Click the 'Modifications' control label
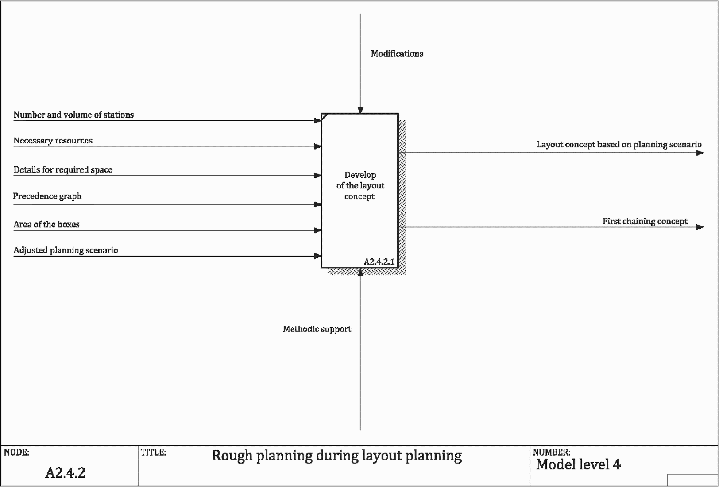(x=397, y=53)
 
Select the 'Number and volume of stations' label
(x=73, y=115)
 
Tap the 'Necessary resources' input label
(x=53, y=140)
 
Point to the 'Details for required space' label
(x=63, y=169)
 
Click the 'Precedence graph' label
(x=47, y=196)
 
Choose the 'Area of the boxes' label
(x=46, y=224)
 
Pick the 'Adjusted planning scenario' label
(x=66, y=250)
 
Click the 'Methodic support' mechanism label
(x=317, y=329)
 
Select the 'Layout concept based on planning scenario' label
(x=619, y=145)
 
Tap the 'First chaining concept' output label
(x=645, y=222)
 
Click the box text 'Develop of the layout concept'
(x=360, y=186)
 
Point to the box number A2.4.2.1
(x=379, y=261)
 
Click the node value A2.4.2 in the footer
(x=65, y=472)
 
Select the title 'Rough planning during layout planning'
(x=337, y=456)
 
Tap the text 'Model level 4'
(x=578, y=464)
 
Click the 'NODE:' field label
(x=16, y=452)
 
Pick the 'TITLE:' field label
(x=154, y=452)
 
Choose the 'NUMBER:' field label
(x=552, y=452)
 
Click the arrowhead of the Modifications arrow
(x=360, y=110)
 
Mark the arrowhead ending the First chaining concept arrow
(x=700, y=227)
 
